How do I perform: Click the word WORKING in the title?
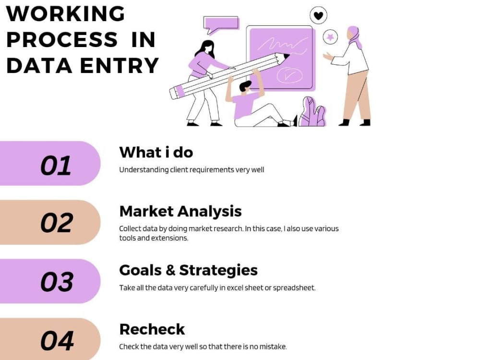click(65, 13)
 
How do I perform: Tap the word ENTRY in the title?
click(120, 65)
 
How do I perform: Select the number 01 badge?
click(50, 164)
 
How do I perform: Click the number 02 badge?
click(50, 222)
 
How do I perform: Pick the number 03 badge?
click(50, 281)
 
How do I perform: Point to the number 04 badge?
click(50, 339)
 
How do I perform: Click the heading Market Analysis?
click(180, 211)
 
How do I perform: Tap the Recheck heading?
click(152, 329)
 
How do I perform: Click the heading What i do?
click(156, 152)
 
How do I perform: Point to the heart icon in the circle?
click(318, 15)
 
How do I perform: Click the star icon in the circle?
click(330, 37)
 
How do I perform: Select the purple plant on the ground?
click(312, 112)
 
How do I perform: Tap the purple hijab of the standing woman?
click(355, 36)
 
